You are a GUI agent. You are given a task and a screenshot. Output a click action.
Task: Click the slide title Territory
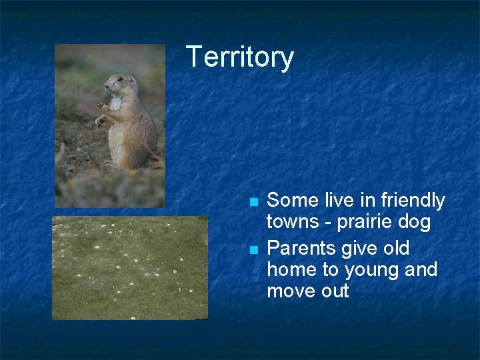click(x=239, y=57)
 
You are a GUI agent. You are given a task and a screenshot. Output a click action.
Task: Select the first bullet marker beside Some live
click(x=253, y=201)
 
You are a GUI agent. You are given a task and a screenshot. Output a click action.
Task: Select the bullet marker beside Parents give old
click(x=253, y=249)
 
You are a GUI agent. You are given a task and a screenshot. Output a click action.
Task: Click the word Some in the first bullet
click(x=291, y=201)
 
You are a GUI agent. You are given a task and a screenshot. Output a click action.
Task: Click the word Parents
click(x=301, y=249)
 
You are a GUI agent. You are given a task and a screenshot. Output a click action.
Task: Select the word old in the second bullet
click(x=395, y=249)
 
